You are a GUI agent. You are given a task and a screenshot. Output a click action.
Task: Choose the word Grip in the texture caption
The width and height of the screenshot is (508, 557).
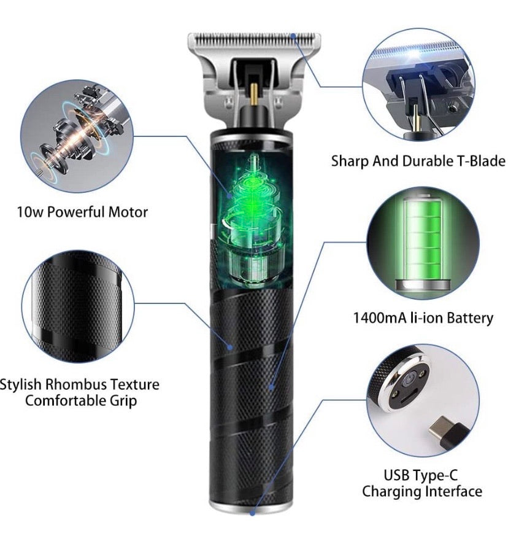[123, 401]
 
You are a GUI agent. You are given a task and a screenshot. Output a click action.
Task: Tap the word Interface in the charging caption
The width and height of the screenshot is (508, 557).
[452, 491]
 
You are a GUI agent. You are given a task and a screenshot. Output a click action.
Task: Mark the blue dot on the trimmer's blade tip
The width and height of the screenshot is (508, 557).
[294, 36]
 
